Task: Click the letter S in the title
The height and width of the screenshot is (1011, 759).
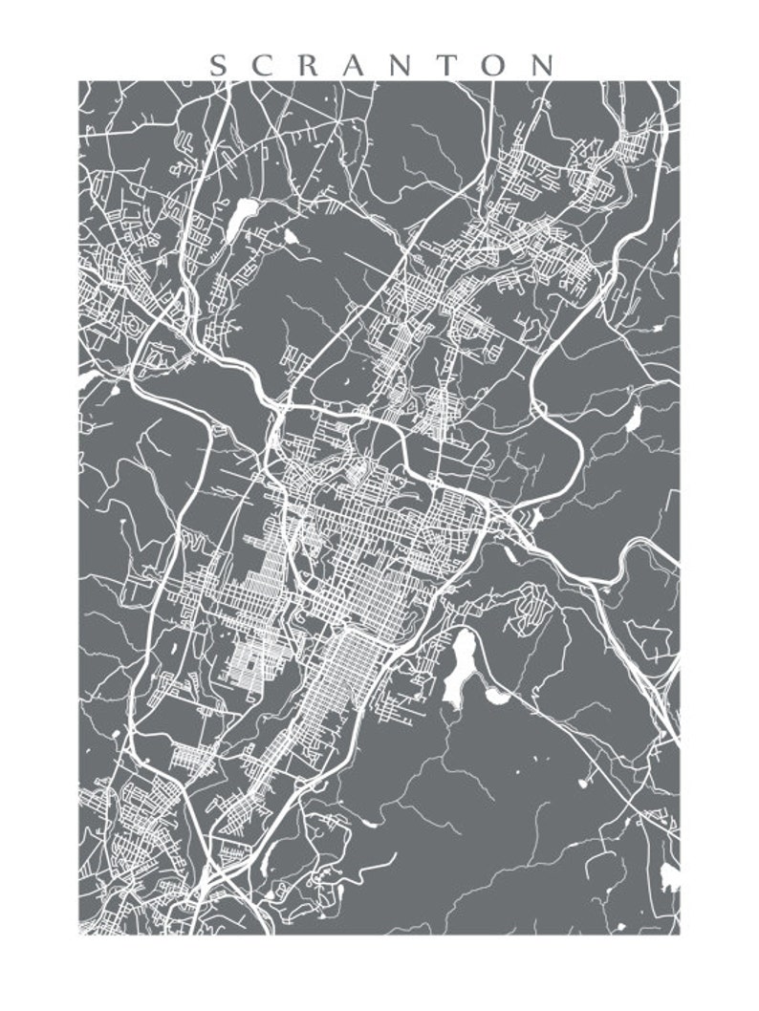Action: (218, 65)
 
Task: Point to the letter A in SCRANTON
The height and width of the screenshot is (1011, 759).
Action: (360, 65)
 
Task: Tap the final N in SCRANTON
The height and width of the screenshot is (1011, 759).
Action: (546, 65)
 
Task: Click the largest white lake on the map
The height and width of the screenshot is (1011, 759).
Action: (461, 662)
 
